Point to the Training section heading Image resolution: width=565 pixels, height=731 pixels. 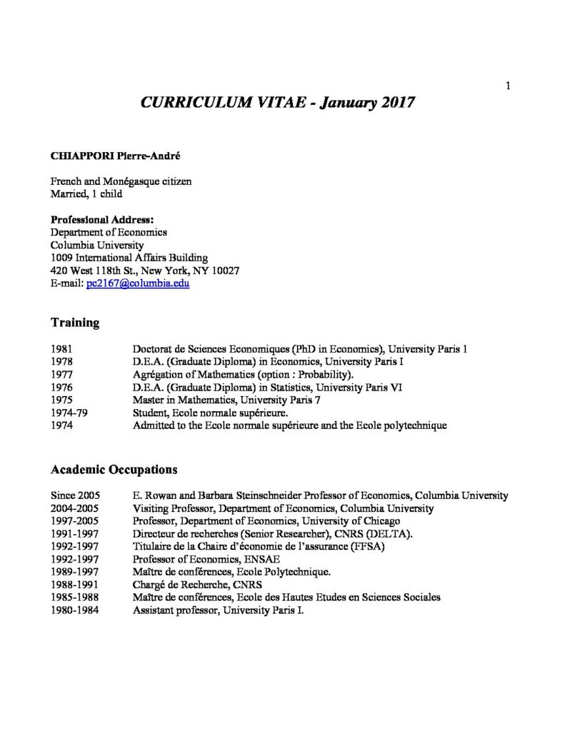(74, 323)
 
